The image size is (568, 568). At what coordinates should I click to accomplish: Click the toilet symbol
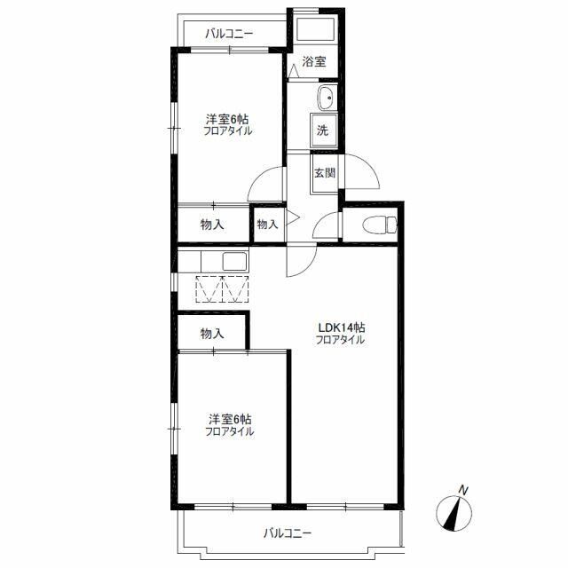pos(380,225)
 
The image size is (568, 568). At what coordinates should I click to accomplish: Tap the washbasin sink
pos(327,98)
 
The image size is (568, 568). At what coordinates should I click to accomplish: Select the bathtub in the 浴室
pos(316,29)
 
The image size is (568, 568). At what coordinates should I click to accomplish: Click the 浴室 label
pos(314,61)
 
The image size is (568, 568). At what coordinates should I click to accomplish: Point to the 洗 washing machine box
pos(324,130)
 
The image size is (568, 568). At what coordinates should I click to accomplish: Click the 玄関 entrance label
pos(324,173)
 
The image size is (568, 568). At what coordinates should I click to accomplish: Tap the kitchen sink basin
pos(234,261)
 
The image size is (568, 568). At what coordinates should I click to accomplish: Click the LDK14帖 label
pos(341,327)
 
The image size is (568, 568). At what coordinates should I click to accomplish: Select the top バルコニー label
pos(229,34)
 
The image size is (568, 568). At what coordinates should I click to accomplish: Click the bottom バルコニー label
pos(288,533)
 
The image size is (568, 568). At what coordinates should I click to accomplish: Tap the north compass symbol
pos(454,513)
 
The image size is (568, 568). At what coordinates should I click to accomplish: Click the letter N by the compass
pos(463,491)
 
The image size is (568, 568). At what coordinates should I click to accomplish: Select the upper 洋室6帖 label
pos(227,118)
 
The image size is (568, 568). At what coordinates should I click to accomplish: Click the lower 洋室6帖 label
pos(230,420)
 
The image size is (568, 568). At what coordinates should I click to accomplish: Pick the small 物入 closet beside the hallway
pos(268,225)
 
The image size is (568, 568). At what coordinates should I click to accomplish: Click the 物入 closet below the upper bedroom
pos(212,225)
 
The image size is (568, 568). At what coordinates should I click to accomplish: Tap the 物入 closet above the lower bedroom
pos(212,334)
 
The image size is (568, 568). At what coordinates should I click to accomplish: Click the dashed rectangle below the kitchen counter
pos(222,289)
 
